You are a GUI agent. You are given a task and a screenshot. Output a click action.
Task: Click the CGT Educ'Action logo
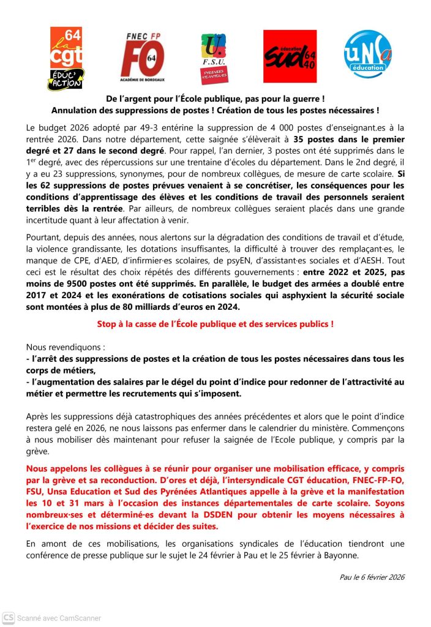click(66, 58)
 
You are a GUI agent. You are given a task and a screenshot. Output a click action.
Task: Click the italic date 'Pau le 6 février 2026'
click(372, 577)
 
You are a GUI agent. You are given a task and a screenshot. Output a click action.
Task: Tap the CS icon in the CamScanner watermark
click(9, 617)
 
